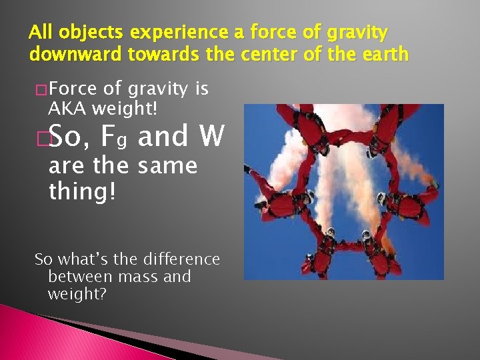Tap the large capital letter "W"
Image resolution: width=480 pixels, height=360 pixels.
click(212, 137)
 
